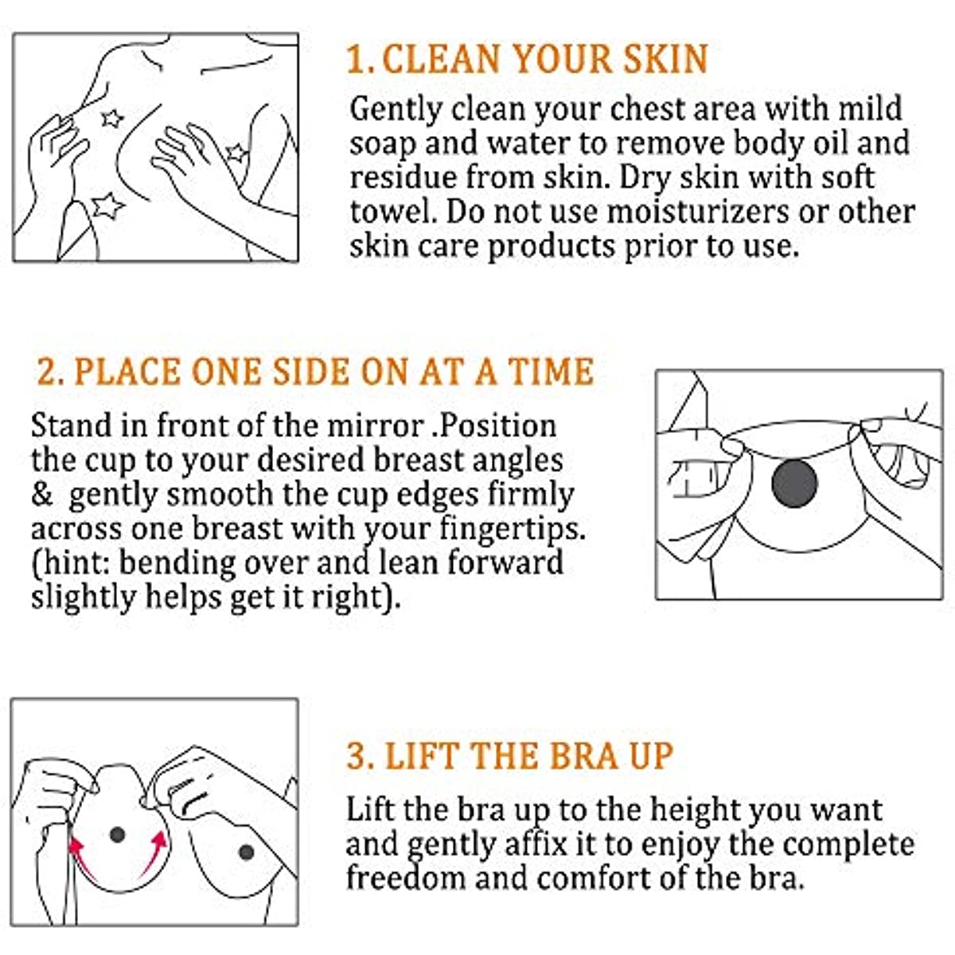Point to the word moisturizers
tap(697, 212)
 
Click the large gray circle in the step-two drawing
tap(794, 483)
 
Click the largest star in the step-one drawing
tap(107, 205)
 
